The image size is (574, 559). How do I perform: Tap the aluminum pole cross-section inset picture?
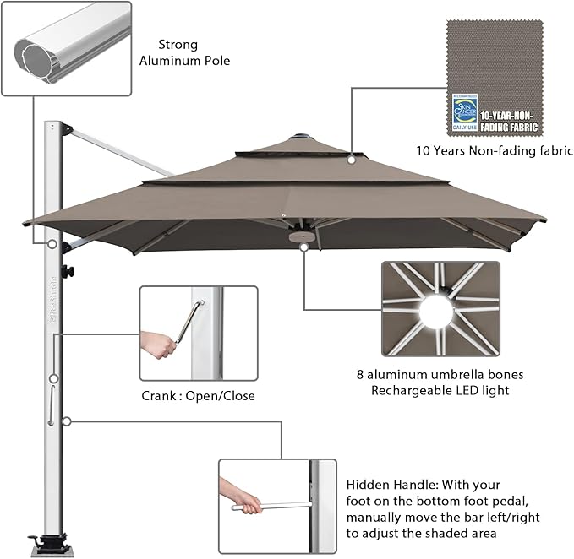tap(68, 48)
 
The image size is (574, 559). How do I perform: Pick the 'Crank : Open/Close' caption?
tap(198, 395)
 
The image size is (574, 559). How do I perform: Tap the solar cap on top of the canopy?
tap(301, 137)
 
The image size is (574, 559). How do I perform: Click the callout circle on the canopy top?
tap(350, 156)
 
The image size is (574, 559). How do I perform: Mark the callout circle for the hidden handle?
tap(66, 420)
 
